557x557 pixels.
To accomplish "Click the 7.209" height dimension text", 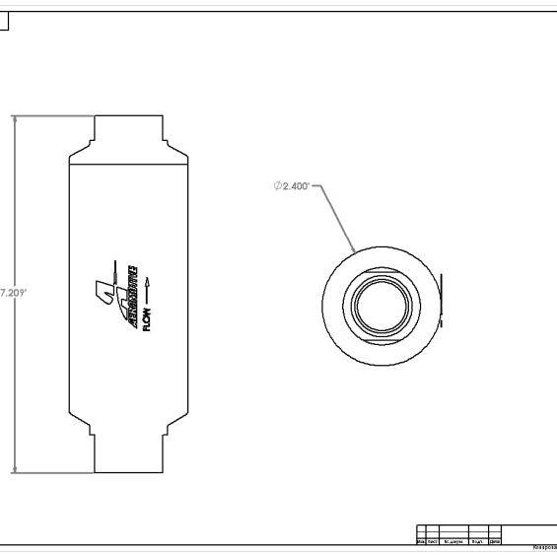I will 13,293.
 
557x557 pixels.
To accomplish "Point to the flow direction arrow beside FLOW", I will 147,289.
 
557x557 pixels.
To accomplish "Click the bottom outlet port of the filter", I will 129,454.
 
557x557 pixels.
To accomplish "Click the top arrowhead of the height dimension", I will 14,119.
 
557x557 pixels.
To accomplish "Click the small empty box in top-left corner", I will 3,21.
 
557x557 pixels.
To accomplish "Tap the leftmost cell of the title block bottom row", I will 421,541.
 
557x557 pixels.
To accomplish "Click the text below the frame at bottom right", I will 543,548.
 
